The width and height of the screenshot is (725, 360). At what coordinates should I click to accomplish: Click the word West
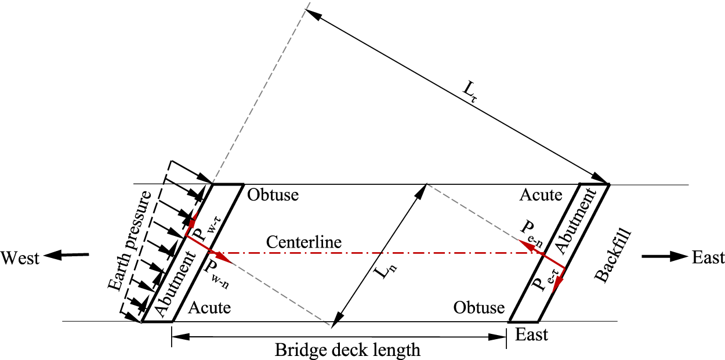point(20,257)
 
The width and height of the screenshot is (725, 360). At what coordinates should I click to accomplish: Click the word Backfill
point(613,256)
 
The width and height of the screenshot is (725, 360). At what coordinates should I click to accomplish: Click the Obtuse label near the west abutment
point(273,195)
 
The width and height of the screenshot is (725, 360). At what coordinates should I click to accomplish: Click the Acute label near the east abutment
point(541,195)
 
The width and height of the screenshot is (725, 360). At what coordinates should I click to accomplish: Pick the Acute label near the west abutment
point(210,308)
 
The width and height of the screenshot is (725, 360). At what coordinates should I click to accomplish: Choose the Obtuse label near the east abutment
point(479,308)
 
